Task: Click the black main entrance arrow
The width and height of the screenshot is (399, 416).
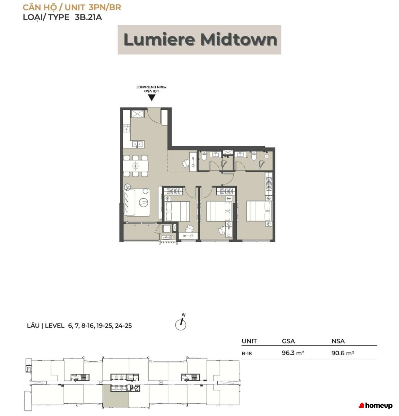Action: click(151, 97)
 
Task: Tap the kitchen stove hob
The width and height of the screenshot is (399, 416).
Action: click(127, 128)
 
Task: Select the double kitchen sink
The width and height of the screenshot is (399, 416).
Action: click(138, 144)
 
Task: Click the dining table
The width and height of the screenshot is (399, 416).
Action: click(136, 166)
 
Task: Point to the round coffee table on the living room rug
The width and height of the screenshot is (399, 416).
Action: click(143, 202)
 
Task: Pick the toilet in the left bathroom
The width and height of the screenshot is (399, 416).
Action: click(204, 156)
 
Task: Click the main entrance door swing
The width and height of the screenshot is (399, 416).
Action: click(154, 116)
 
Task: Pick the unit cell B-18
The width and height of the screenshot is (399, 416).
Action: click(246, 353)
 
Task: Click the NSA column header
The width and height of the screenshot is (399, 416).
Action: click(338, 341)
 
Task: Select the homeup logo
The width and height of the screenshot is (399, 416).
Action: click(375, 405)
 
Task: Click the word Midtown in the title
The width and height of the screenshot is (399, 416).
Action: click(239, 40)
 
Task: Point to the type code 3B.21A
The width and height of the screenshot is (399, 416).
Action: click(88, 17)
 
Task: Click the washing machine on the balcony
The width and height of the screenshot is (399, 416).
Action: click(166, 228)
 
